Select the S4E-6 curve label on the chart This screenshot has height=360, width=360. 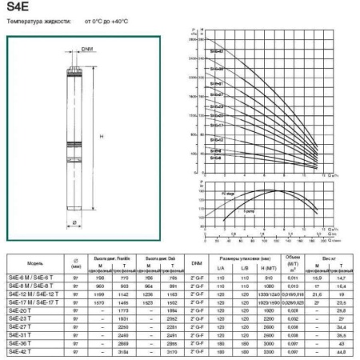pos(216,158)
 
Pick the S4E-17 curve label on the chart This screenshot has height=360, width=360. pos(217,126)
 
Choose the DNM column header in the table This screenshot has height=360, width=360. pos(197,262)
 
